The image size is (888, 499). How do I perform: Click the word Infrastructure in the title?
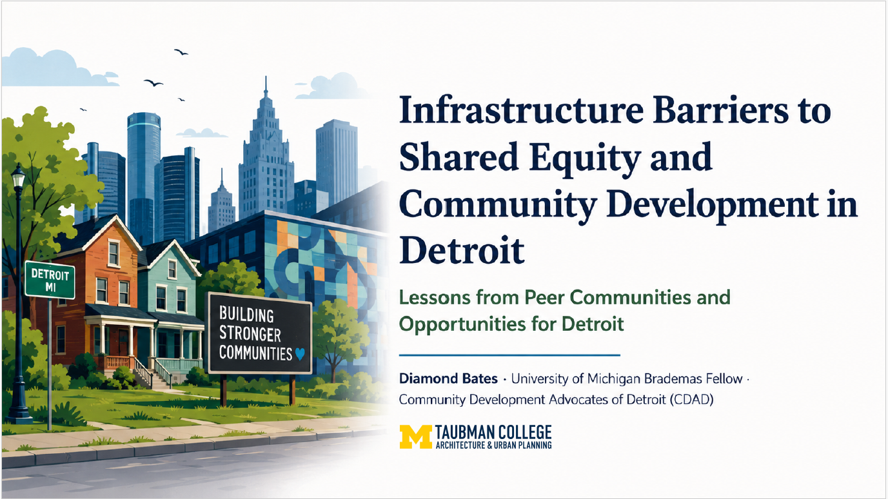(521, 111)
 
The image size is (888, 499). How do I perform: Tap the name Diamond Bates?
(448, 378)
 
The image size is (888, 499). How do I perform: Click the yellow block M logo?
(415, 436)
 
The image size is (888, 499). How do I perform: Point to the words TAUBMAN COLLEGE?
(493, 433)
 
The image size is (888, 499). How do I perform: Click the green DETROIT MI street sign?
(50, 280)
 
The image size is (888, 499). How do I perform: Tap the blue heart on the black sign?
(300, 354)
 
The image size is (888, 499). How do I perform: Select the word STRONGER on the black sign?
(250, 334)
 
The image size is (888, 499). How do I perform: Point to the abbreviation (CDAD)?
(691, 400)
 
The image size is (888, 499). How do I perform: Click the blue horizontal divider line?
(509, 355)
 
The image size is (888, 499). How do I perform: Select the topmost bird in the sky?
(181, 52)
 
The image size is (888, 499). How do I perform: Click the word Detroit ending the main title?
(462, 250)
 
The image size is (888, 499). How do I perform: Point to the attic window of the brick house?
(113, 253)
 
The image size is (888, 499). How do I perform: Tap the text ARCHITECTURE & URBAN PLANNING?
(493, 445)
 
